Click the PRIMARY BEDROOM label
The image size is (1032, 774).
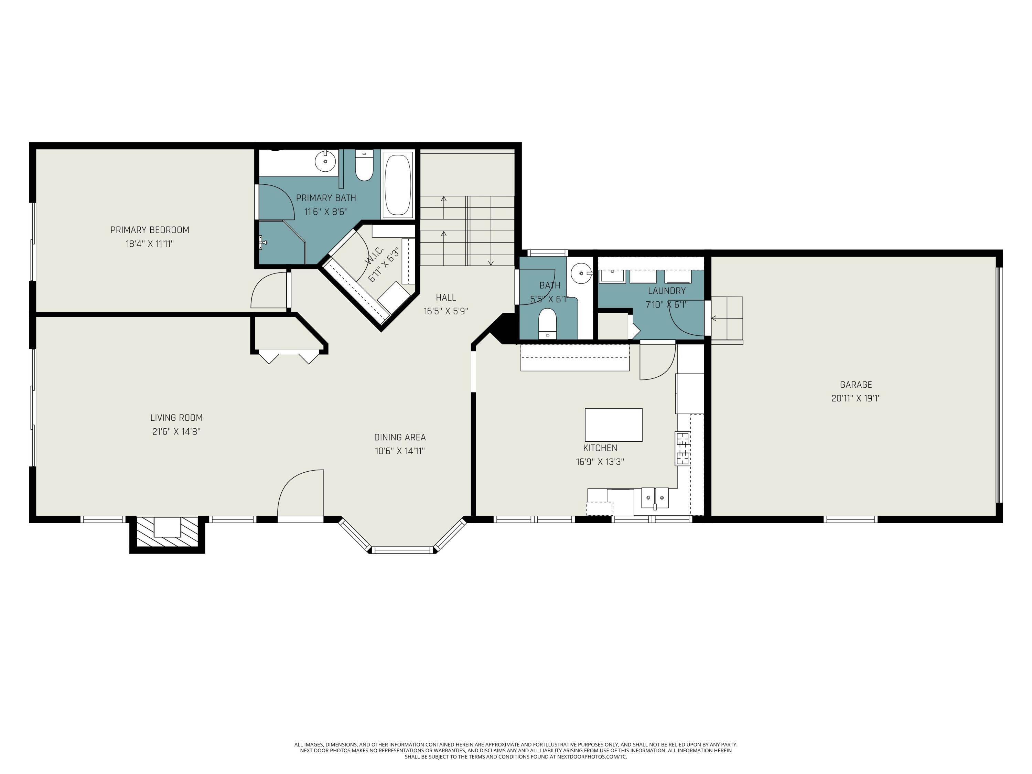[150, 229]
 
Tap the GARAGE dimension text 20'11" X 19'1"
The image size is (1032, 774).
[855, 398]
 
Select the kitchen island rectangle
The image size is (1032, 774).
[613, 424]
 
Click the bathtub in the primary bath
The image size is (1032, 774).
[398, 184]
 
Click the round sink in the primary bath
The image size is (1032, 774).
[325, 162]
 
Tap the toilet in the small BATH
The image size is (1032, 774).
[547, 323]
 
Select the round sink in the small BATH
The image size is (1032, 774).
[581, 271]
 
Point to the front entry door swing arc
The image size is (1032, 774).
[299, 490]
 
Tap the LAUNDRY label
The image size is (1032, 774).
[666, 291]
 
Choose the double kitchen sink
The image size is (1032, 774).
[655, 497]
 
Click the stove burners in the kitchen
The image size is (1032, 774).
[681, 448]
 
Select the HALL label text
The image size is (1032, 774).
[445, 297]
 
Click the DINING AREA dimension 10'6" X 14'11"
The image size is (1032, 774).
[399, 451]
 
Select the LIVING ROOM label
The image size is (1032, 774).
[176, 418]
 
